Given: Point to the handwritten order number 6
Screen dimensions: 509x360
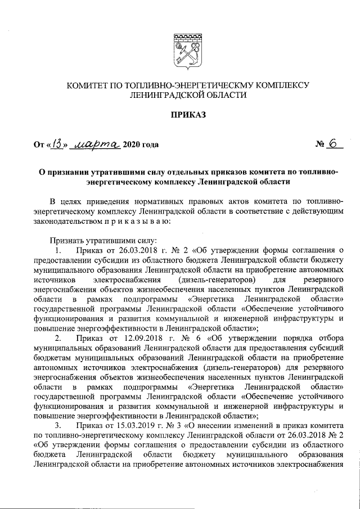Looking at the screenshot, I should tap(336, 143).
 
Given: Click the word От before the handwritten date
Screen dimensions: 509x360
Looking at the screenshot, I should tap(38, 145).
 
